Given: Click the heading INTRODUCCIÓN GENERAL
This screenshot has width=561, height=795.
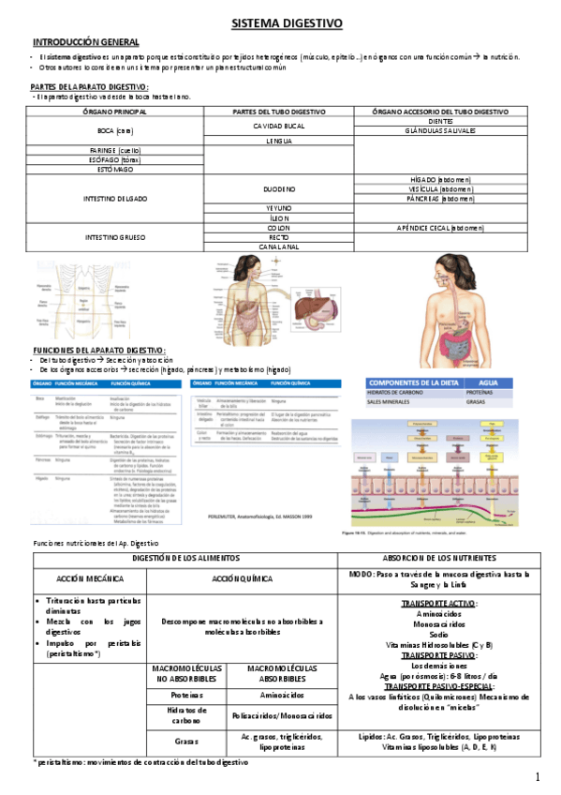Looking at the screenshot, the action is (86, 42).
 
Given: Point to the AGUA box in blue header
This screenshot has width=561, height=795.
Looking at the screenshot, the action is (489, 383).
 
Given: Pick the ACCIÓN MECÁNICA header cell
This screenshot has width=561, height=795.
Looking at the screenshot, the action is (91, 578).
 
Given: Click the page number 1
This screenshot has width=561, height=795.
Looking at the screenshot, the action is (538, 777).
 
